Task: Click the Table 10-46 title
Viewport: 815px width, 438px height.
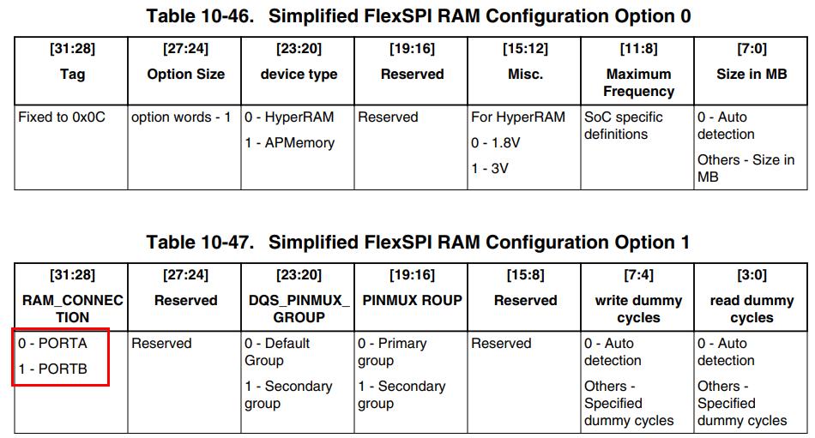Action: [x=418, y=15]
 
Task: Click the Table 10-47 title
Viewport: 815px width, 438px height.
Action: [x=418, y=242]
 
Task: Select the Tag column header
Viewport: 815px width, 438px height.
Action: [x=72, y=74]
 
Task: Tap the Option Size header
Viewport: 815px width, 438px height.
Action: [x=185, y=74]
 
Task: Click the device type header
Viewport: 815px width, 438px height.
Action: [x=299, y=74]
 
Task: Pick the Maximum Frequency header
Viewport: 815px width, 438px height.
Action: [x=638, y=82]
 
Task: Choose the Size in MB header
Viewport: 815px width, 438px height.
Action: [x=752, y=74]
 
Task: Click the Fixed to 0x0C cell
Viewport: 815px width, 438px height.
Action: [x=62, y=117]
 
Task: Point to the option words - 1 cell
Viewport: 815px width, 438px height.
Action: [x=181, y=117]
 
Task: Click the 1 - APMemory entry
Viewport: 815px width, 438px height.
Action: [x=289, y=143]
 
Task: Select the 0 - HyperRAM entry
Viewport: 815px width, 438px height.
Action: [x=289, y=117]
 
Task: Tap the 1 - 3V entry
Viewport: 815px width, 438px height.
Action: [x=490, y=169]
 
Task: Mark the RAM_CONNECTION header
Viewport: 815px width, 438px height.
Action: [x=72, y=309]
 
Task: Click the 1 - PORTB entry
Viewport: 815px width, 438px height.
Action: [x=53, y=369]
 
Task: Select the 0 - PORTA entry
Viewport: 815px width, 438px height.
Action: [x=53, y=344]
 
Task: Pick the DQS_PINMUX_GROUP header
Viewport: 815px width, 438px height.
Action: [x=299, y=309]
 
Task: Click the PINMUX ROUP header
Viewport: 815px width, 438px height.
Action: [x=412, y=300]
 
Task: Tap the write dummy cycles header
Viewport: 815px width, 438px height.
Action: [x=638, y=309]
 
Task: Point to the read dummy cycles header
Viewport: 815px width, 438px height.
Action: [x=752, y=309]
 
